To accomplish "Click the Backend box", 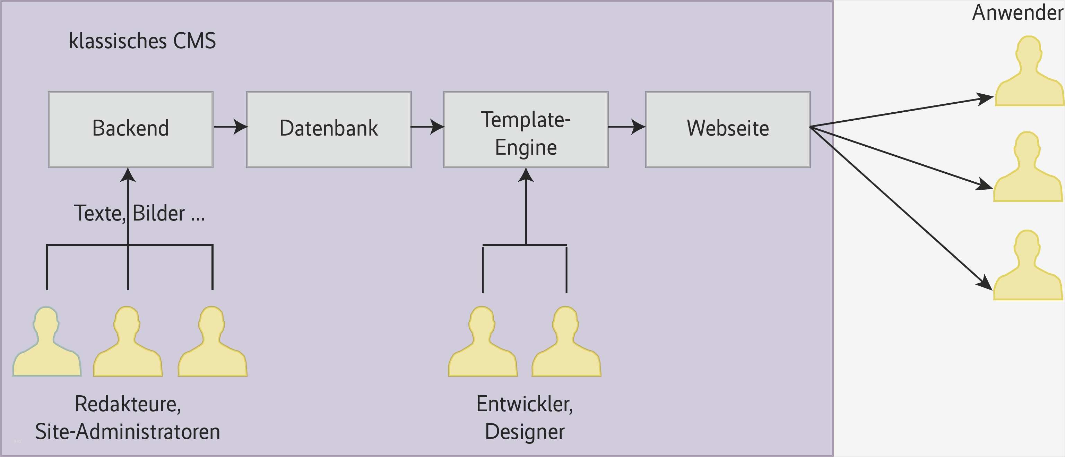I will coord(130,129).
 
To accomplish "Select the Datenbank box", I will coord(329,129).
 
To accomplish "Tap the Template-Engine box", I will coord(526,129).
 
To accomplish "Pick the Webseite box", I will coord(728,129).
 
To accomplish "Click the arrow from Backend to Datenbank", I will coord(230,127).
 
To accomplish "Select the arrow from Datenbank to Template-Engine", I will coord(427,127).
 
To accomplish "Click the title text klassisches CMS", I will coord(142,41).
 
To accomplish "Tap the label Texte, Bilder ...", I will coord(139,213).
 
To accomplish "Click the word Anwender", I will coord(1017,12).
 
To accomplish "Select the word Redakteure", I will coord(128,404).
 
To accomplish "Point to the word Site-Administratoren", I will coord(128,432).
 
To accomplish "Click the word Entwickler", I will coord(525,404).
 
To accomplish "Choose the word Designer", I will coord(525,432).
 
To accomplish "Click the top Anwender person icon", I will coord(1029,75).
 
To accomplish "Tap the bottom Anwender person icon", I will coord(1028,269).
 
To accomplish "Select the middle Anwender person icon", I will coord(1028,170).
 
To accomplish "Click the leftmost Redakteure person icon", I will coord(47,345).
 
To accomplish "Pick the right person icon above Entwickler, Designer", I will coord(566,345).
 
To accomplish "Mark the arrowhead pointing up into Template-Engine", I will coord(526,175).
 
